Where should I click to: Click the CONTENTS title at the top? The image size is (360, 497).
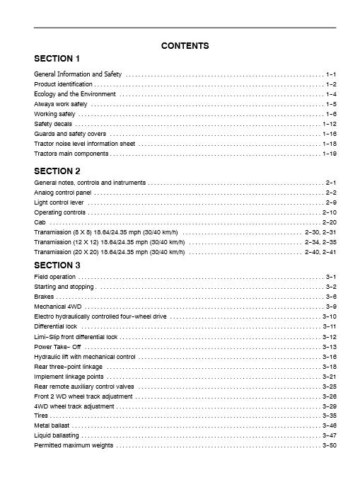click(185, 46)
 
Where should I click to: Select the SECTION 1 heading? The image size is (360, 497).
click(57, 58)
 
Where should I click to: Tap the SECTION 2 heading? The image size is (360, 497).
click(57, 171)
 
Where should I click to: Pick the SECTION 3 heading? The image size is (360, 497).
click(57, 265)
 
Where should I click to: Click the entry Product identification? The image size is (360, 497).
click(63, 84)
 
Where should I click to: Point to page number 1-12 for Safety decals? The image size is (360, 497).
click(329, 124)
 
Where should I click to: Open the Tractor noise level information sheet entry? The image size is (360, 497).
click(84, 144)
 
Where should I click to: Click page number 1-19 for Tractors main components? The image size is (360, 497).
click(329, 154)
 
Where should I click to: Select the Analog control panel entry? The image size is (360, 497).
click(63, 193)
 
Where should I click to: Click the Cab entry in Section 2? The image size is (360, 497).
click(40, 222)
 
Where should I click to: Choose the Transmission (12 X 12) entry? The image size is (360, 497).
click(110, 242)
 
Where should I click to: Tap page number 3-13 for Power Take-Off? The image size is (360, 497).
click(329, 347)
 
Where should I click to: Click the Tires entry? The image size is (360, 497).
click(41, 416)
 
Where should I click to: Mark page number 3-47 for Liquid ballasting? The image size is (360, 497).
click(329, 435)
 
